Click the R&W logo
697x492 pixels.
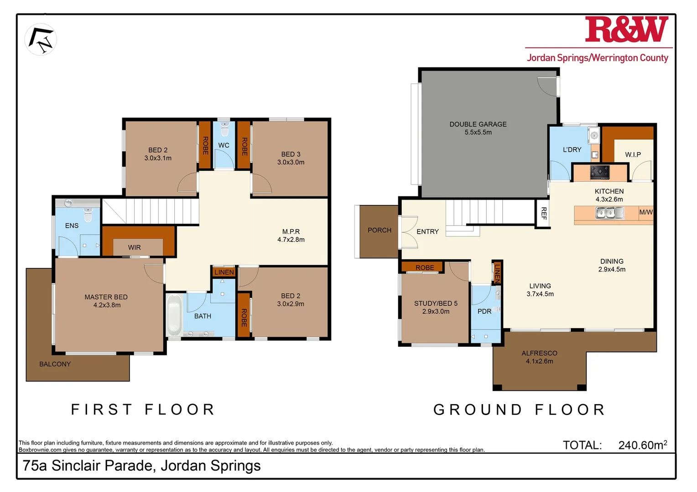(x=626, y=30)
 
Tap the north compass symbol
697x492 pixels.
(x=41, y=40)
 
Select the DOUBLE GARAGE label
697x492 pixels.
(x=478, y=128)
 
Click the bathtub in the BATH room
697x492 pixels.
(x=174, y=315)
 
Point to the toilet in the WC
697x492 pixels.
(x=224, y=129)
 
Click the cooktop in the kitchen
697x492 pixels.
(x=599, y=172)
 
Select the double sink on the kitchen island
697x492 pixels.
(x=609, y=213)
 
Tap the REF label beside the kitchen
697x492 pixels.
(x=543, y=213)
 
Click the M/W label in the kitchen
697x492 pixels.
(x=645, y=212)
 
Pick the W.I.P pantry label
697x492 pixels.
(x=633, y=154)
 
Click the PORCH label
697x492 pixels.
(x=379, y=230)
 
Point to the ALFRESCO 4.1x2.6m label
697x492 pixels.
(x=539, y=357)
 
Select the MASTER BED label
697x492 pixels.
(x=106, y=301)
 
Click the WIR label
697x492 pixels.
(x=134, y=247)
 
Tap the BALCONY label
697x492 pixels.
(x=55, y=364)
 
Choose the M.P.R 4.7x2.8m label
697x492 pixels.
(x=291, y=236)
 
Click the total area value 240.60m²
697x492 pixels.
(x=642, y=445)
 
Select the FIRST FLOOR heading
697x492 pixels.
(x=143, y=409)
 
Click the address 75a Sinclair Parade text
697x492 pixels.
(x=141, y=466)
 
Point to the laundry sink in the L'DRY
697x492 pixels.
(x=593, y=135)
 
